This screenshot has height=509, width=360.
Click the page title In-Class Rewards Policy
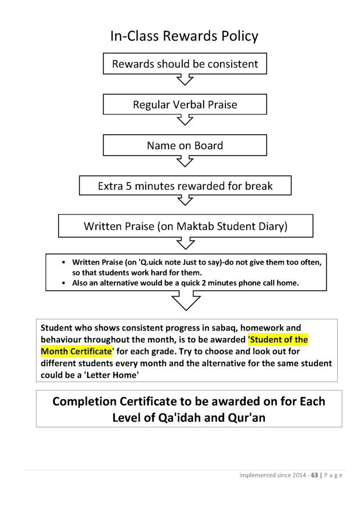pyautogui.click(x=184, y=36)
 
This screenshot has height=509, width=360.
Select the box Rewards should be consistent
pyautogui.click(x=185, y=64)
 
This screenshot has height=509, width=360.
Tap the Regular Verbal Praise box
pyautogui.click(x=185, y=105)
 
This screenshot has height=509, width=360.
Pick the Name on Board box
pyautogui.click(x=185, y=146)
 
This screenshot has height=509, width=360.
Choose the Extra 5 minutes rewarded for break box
pyautogui.click(x=185, y=186)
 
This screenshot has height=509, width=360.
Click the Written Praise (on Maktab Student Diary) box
pyautogui.click(x=185, y=227)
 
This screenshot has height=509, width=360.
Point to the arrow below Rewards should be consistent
pyautogui.click(x=185, y=80)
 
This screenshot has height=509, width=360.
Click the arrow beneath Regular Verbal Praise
pyautogui.click(x=185, y=120)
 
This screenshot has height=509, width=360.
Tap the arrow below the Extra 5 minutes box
pyautogui.click(x=185, y=200)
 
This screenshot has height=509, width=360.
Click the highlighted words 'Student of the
pyautogui.click(x=278, y=340)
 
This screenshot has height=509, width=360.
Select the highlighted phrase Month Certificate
pyautogui.click(x=76, y=351)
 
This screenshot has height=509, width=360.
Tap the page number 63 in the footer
pyautogui.click(x=314, y=475)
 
